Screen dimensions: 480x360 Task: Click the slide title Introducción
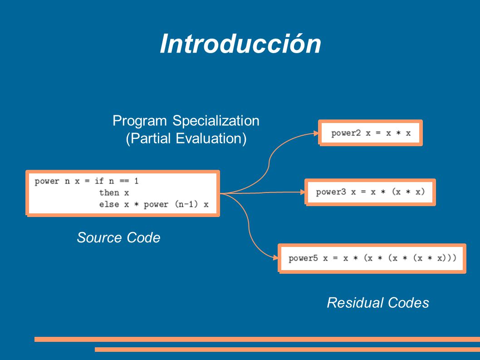pyautogui.click(x=240, y=44)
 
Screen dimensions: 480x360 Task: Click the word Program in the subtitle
pyautogui.click(x=139, y=121)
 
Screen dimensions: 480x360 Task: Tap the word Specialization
pyautogui.click(x=216, y=121)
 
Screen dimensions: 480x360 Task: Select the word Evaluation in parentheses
pyautogui.click(x=211, y=138)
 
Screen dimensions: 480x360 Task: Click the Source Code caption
pyautogui.click(x=118, y=237)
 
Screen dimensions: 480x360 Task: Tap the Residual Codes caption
pyautogui.click(x=378, y=303)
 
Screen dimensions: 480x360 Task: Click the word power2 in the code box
pyautogui.click(x=346, y=133)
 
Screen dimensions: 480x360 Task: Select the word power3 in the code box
pyautogui.click(x=331, y=192)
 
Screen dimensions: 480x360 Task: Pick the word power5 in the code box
pyautogui.click(x=303, y=258)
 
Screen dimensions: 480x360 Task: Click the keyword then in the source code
pyautogui.click(x=109, y=193)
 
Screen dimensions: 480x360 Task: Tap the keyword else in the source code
pyautogui.click(x=109, y=204)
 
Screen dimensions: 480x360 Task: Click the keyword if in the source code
pyautogui.click(x=99, y=181)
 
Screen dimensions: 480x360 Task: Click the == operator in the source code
pyautogui.click(x=124, y=181)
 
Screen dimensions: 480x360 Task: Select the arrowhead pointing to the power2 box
pyautogui.click(x=316, y=133)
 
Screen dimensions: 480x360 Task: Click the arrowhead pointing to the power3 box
pyautogui.click(x=303, y=192)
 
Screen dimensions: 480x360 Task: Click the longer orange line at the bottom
pyautogui.click(x=257, y=339)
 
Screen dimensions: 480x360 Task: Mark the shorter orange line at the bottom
pyautogui.click(x=288, y=349)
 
